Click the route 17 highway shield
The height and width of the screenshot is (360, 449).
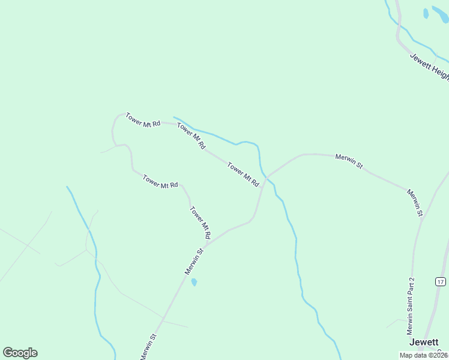(441, 281)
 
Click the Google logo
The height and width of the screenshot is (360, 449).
(20, 353)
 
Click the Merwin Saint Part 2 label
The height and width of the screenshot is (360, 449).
(411, 306)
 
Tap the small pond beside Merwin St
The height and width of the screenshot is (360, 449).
(194, 282)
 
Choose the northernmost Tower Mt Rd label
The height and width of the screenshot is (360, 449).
(143, 119)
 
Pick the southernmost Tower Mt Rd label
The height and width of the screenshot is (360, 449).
(200, 223)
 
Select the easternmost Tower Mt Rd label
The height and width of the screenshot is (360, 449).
(243, 174)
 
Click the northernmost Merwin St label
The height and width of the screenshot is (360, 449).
(349, 160)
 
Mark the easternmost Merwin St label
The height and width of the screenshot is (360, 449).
(415, 202)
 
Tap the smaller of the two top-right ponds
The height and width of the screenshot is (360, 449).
(426, 13)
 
